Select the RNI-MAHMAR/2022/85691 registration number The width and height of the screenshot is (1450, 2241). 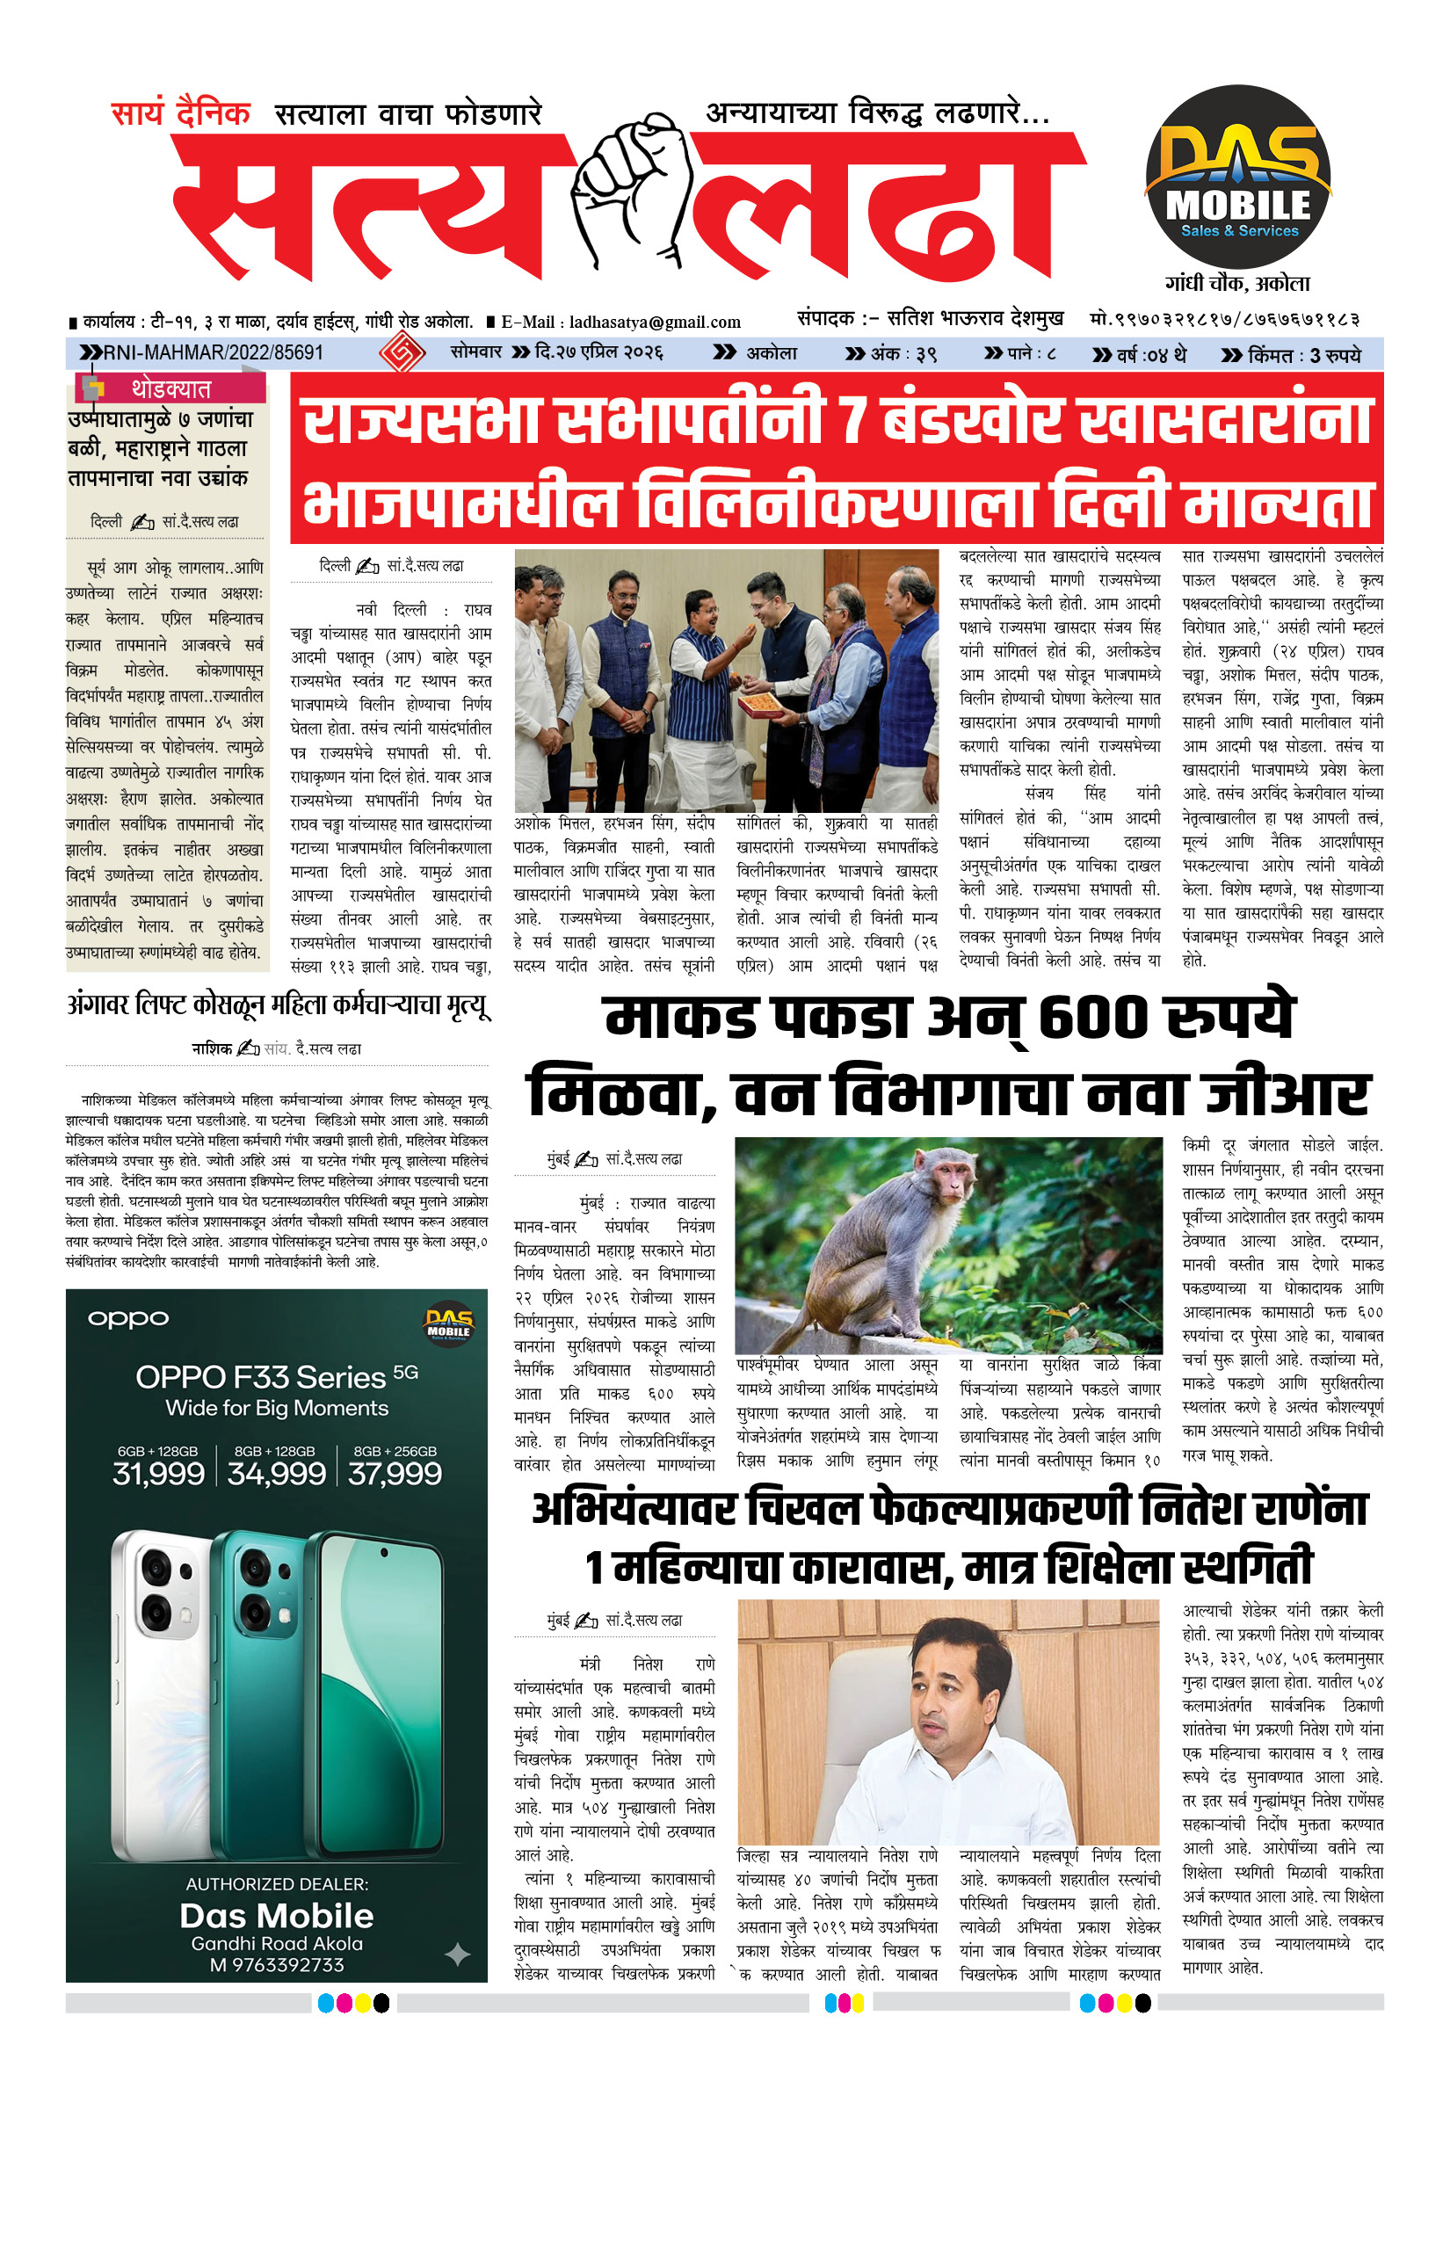[x=213, y=353]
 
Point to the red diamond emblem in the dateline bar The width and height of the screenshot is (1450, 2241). [x=402, y=353]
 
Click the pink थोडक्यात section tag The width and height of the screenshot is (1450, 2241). [x=170, y=388]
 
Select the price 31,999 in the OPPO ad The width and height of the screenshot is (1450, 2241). [x=158, y=1474]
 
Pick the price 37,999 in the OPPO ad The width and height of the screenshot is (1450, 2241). [x=395, y=1474]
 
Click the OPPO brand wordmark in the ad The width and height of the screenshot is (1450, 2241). [x=128, y=1319]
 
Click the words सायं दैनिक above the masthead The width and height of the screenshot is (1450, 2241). [x=181, y=114]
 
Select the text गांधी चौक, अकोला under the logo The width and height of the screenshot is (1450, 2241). [x=1237, y=283]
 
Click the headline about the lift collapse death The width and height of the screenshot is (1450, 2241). [x=279, y=1005]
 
